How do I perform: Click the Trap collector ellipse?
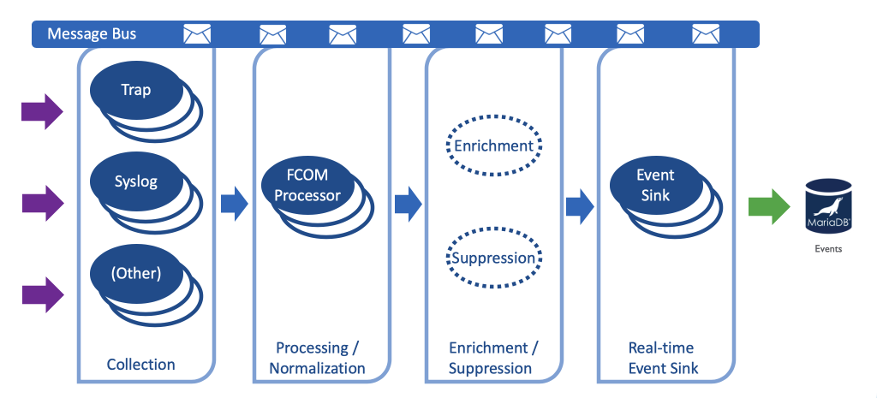point(135,90)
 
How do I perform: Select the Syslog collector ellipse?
point(135,181)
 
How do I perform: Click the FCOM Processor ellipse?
point(313,186)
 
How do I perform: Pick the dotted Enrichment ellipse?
point(493,146)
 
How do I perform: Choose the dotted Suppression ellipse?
point(493,258)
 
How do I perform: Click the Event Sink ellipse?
point(655,185)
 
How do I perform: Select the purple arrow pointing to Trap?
point(42,110)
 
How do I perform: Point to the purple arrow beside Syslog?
point(42,203)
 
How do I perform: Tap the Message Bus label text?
point(92,34)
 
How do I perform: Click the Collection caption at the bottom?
point(140,365)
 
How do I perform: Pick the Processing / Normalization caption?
point(317,359)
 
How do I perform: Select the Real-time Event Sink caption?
point(663,359)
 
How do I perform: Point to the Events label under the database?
point(827,249)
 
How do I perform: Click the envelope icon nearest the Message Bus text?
point(197,34)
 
